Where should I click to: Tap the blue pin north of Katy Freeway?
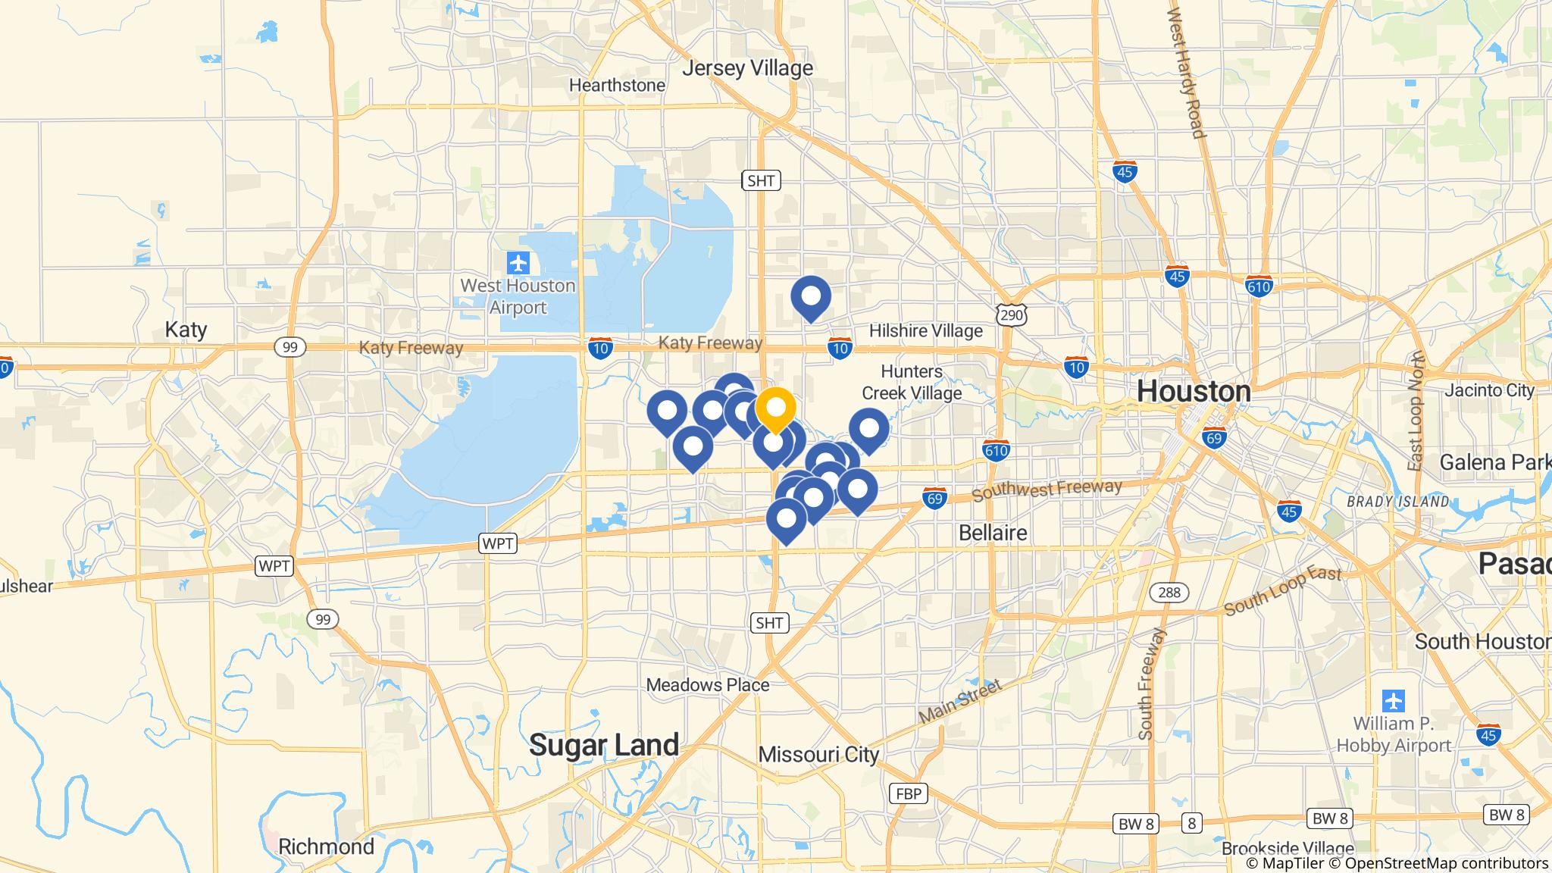click(811, 296)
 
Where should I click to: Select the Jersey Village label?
click(747, 68)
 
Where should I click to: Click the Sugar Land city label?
click(604, 745)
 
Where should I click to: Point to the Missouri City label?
click(818, 755)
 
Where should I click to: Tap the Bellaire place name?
click(993, 533)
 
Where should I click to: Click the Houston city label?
click(1194, 392)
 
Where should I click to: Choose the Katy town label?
click(186, 330)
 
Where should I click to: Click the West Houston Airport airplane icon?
click(518, 264)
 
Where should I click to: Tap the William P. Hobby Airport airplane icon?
click(1393, 700)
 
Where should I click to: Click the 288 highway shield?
click(1169, 592)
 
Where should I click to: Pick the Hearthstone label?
click(617, 86)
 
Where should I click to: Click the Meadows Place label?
click(707, 685)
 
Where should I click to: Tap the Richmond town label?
click(326, 846)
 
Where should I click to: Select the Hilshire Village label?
click(925, 331)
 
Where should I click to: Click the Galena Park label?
click(1494, 462)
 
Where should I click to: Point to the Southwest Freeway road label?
click(1047, 490)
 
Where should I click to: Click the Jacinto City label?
click(1489, 390)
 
